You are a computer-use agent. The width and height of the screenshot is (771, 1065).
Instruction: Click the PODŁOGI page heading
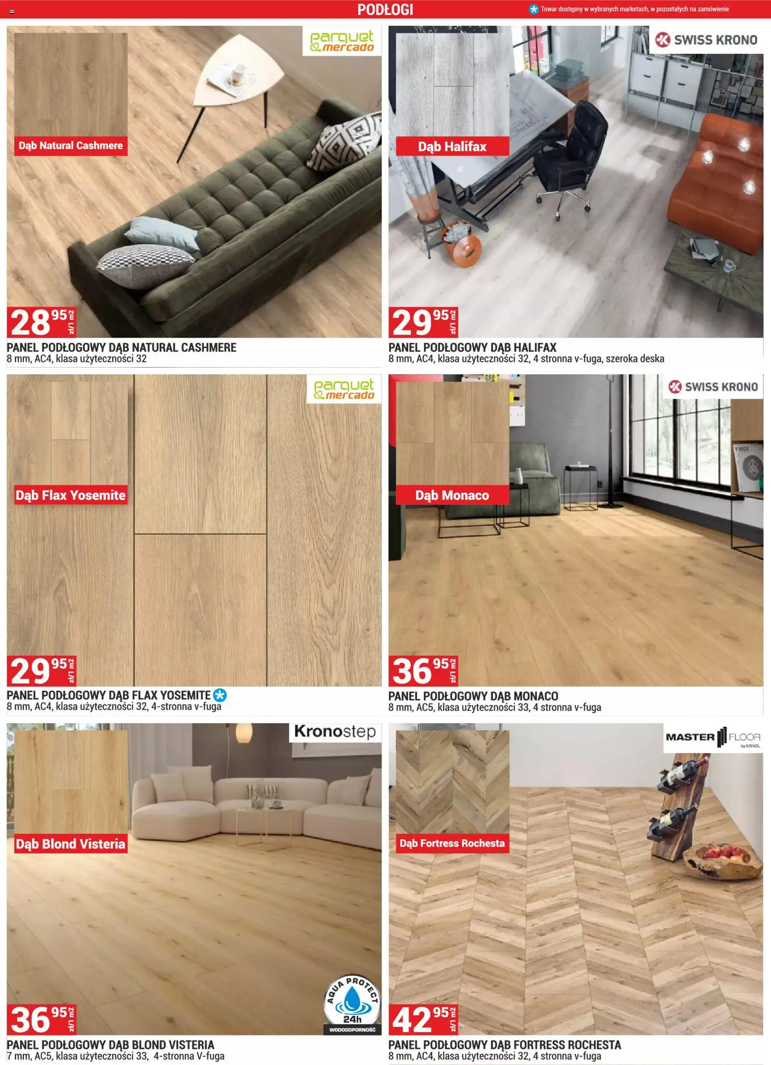pyautogui.click(x=385, y=9)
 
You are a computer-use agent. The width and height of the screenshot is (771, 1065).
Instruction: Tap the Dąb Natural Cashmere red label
pyautogui.click(x=71, y=146)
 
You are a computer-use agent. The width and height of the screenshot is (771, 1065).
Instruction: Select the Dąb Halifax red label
pyautogui.click(x=452, y=146)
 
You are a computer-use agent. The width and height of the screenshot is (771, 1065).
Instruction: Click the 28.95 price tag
pyautogui.click(x=42, y=322)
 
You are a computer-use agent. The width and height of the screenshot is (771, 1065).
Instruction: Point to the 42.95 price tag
pyautogui.click(x=423, y=1019)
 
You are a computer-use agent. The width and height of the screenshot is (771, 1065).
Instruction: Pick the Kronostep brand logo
pyautogui.click(x=335, y=732)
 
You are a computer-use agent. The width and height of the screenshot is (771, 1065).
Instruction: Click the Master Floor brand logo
pyautogui.click(x=713, y=738)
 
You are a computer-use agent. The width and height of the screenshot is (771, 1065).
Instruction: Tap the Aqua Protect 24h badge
pyautogui.click(x=352, y=1004)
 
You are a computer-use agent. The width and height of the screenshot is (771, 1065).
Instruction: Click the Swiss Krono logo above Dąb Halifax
pyautogui.click(x=706, y=40)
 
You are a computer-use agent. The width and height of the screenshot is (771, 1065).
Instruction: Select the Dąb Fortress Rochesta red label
pyautogui.click(x=452, y=843)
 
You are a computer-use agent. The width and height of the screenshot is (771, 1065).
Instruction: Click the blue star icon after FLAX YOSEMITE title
pyautogui.click(x=220, y=695)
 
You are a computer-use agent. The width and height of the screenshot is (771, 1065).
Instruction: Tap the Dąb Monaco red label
pyautogui.click(x=452, y=495)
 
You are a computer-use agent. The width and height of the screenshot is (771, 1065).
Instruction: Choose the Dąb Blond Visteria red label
pyautogui.click(x=71, y=844)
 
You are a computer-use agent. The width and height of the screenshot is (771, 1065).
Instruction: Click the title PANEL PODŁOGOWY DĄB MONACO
pyautogui.click(x=473, y=696)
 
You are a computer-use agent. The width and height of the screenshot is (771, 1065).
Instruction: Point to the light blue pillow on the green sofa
pyautogui.click(x=163, y=233)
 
